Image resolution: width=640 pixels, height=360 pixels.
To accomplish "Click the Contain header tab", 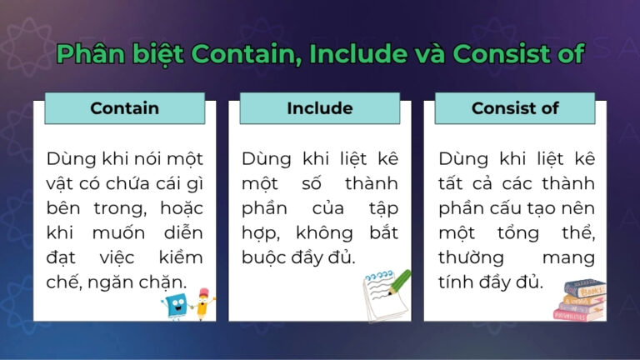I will pyautogui.click(x=124, y=108).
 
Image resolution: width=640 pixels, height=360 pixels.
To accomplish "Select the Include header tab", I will pyautogui.click(x=319, y=108).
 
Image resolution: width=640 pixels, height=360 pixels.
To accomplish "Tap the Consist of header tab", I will pyautogui.click(x=514, y=108).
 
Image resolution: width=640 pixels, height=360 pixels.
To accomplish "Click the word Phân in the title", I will pyautogui.click(x=89, y=54).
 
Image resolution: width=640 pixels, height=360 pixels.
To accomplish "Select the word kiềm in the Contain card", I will pyautogui.click(x=177, y=257).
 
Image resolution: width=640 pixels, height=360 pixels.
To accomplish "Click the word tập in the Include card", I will pyautogui.click(x=380, y=207).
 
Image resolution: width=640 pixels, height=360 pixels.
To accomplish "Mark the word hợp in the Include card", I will pyautogui.click(x=259, y=232).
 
